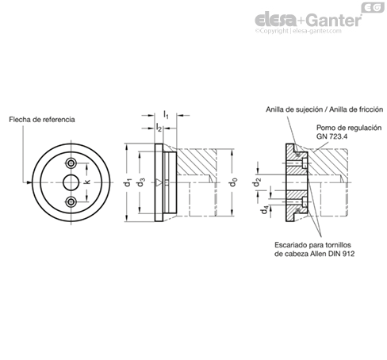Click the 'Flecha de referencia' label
tap(42, 120)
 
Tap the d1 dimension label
tap(128, 182)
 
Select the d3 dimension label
tap(141, 182)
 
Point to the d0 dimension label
tap(233, 182)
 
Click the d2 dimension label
tap(257, 182)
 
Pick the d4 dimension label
tap(265, 210)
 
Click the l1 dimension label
tap(166, 115)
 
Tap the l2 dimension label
tap(159, 128)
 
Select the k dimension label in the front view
tap(87, 182)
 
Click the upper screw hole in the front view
tap(71, 163)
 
